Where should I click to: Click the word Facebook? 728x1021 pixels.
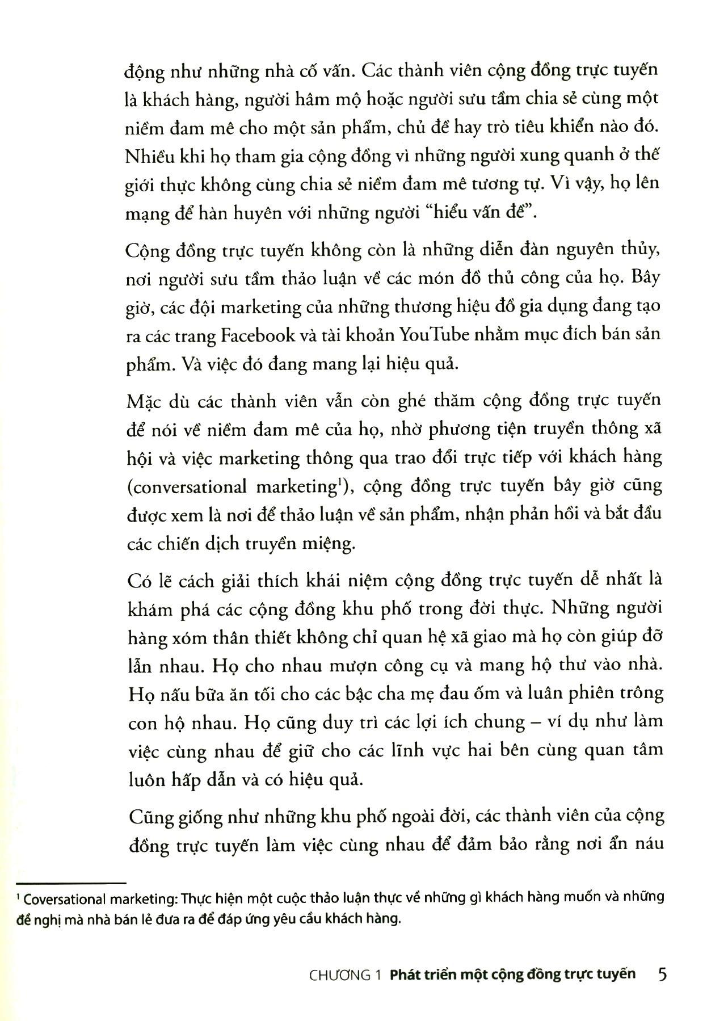258,335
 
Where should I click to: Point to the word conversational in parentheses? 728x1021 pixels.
193,487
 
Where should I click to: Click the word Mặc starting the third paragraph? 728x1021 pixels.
145,402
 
